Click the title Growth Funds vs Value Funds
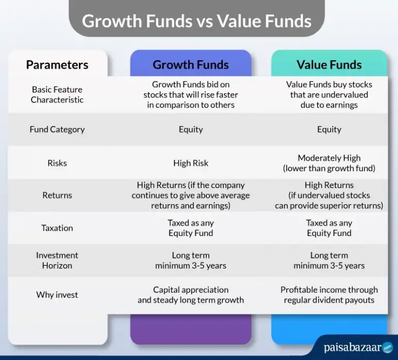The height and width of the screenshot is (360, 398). [196, 21]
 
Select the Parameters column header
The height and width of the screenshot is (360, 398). [57, 65]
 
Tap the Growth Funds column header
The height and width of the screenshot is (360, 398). [191, 65]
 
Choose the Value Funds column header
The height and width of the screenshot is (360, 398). [329, 65]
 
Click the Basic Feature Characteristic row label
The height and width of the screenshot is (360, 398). [57, 94]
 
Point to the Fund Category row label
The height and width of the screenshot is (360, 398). [57, 130]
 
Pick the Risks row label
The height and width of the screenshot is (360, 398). [57, 163]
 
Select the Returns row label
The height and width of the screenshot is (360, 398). [57, 195]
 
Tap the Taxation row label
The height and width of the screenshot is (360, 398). [57, 228]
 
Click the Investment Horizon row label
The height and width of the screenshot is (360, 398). [57, 260]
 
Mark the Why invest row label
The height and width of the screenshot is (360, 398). [57, 295]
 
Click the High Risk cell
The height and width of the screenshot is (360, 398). [191, 163]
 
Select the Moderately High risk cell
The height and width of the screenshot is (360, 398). [329, 163]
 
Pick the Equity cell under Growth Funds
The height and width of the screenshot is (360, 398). [191, 130]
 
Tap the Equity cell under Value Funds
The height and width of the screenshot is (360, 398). [329, 130]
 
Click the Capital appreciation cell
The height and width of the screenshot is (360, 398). [191, 295]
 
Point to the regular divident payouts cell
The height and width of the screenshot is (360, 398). [329, 295]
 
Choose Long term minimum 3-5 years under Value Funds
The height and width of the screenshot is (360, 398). [329, 260]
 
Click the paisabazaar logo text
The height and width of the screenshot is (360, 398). [352, 348]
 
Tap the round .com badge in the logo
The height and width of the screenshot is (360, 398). [388, 348]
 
